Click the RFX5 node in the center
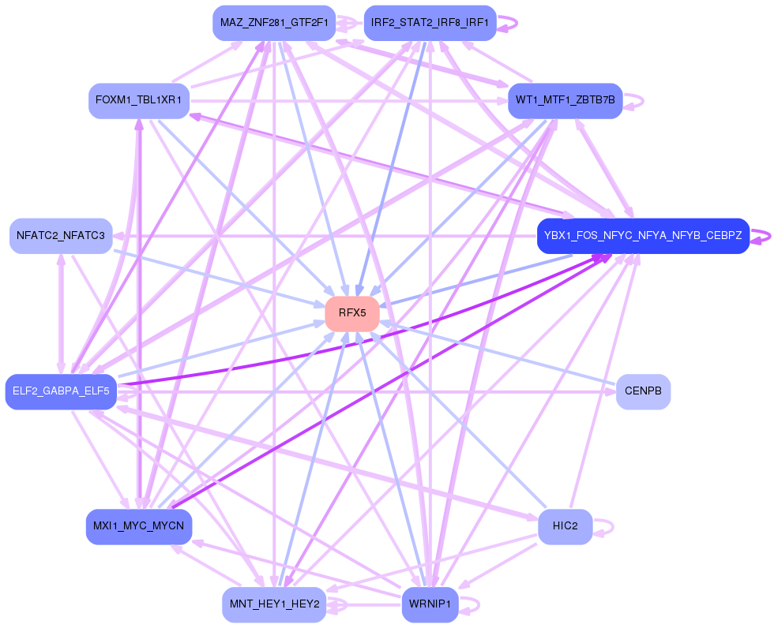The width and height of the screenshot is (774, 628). tap(352, 313)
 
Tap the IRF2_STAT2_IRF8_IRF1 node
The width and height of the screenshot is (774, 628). tap(430, 22)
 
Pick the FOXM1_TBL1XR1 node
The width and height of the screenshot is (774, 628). tap(139, 101)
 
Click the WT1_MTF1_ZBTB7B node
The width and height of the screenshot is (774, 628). tap(565, 101)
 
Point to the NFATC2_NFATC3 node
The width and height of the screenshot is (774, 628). tap(61, 236)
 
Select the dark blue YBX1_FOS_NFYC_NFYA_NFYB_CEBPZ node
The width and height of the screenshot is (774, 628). tap(643, 236)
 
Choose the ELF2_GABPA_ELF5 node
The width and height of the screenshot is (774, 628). tap(61, 391)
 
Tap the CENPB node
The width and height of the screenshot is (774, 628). tap(643, 391)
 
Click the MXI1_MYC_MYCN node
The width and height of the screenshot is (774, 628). tap(139, 526)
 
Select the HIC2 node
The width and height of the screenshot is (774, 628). tap(565, 526)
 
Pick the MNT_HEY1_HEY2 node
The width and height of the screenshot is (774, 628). tap(274, 604)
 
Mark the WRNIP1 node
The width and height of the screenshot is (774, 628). tap(430, 604)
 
